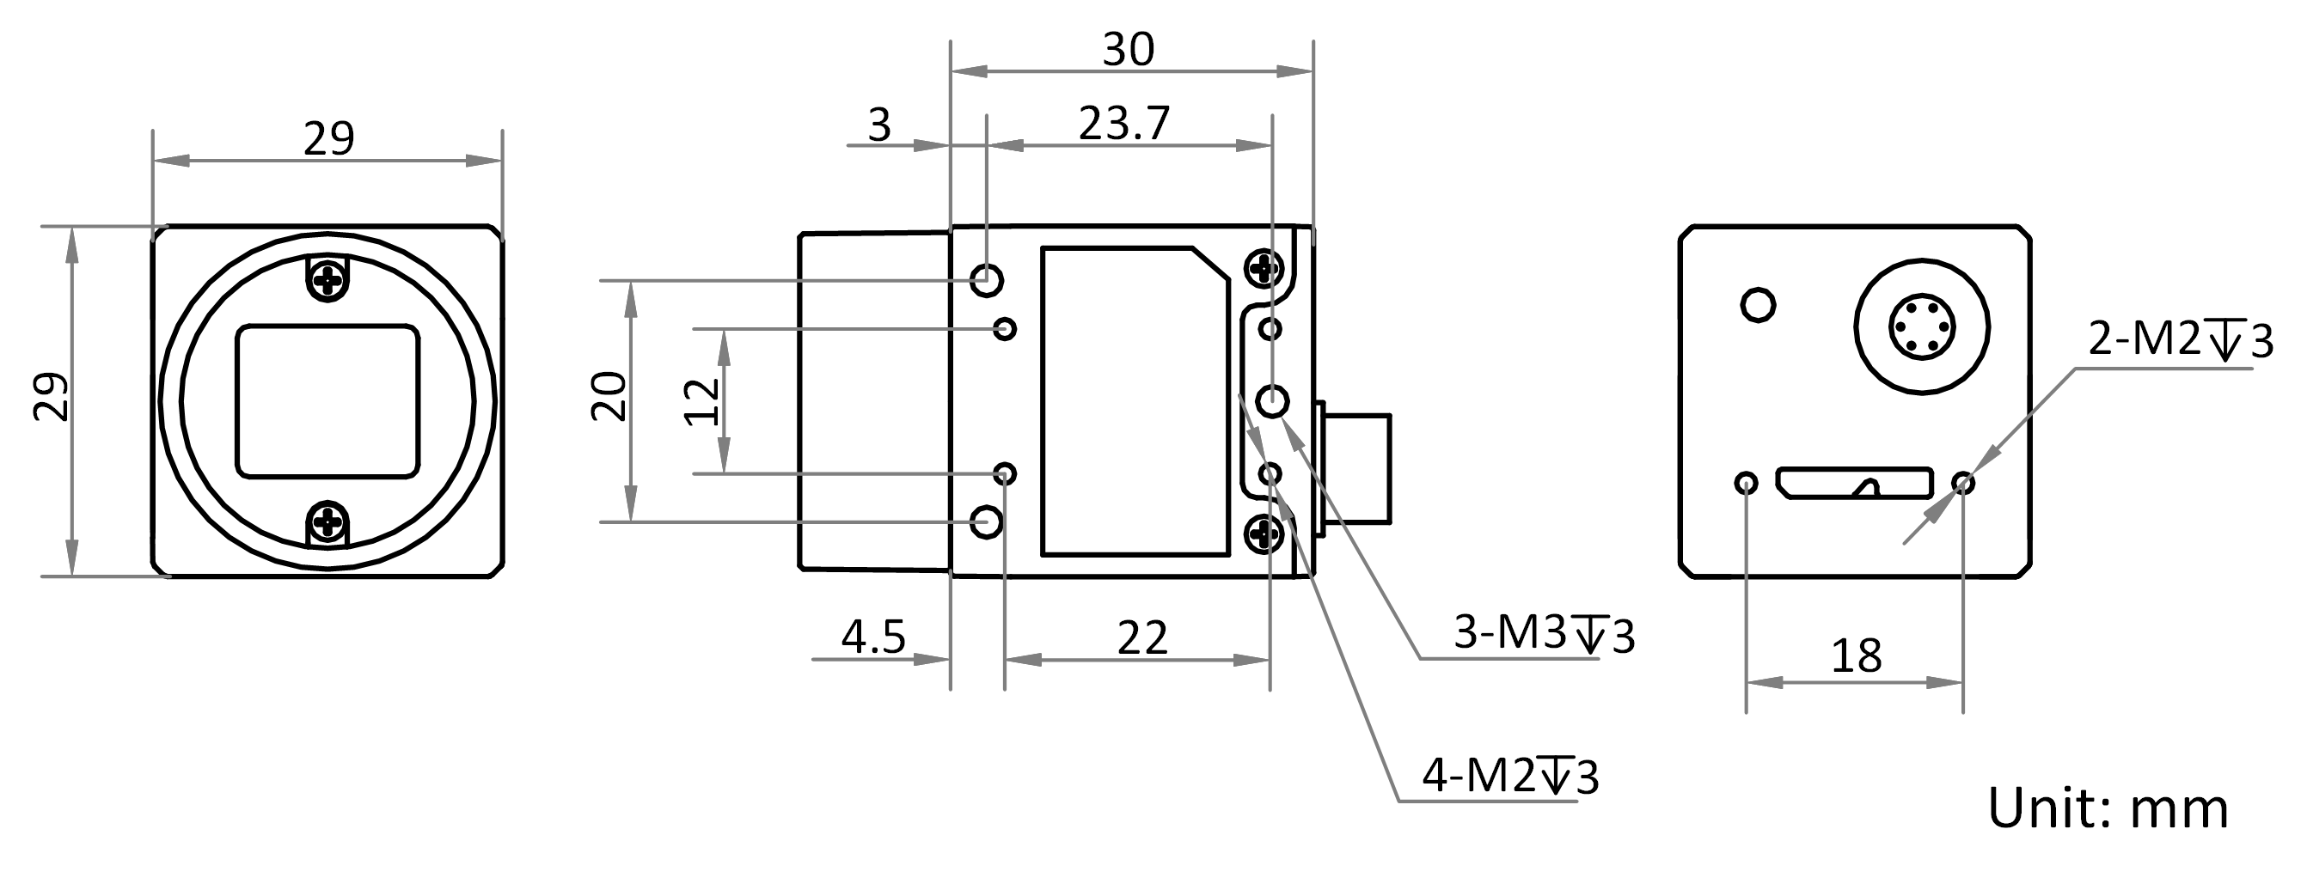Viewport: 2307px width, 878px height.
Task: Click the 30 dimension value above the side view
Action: [1128, 50]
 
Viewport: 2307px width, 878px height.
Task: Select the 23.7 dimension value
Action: [1124, 125]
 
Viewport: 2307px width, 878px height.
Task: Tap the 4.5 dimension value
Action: [873, 637]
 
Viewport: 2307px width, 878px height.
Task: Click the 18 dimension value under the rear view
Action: [1857, 657]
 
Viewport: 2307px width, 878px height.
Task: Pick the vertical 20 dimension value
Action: [610, 395]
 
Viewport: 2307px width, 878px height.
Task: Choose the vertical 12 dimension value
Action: [703, 402]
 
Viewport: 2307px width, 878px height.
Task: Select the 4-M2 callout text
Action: [1510, 776]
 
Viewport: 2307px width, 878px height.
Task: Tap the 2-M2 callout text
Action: [2181, 341]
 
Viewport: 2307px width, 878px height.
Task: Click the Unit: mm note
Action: [2108, 809]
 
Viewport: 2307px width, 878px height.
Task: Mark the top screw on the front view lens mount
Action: [328, 280]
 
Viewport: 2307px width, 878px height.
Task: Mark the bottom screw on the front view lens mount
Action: [328, 520]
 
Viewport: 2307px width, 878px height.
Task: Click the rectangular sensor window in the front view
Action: [327, 401]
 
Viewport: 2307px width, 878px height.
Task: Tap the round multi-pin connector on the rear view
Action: [1921, 327]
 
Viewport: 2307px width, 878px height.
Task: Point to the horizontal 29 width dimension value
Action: [328, 138]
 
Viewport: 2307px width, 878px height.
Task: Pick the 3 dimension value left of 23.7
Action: [879, 125]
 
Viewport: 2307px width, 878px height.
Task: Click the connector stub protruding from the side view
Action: [1357, 468]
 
